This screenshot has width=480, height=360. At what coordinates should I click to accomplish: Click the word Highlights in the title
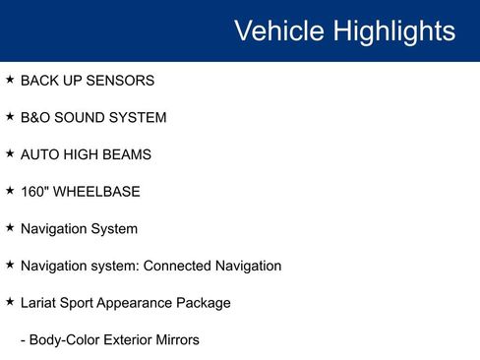[x=393, y=30]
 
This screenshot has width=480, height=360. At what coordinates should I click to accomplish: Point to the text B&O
[x=36, y=117]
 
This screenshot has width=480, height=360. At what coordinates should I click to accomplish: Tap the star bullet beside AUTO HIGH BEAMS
[x=10, y=153]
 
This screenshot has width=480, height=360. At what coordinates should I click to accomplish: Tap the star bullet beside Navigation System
[x=10, y=227]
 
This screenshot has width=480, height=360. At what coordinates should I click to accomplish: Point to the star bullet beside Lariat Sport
[x=10, y=301]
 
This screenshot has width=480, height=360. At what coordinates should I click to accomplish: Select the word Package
[x=206, y=303]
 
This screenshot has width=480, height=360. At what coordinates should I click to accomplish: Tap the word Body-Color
[x=62, y=340]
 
